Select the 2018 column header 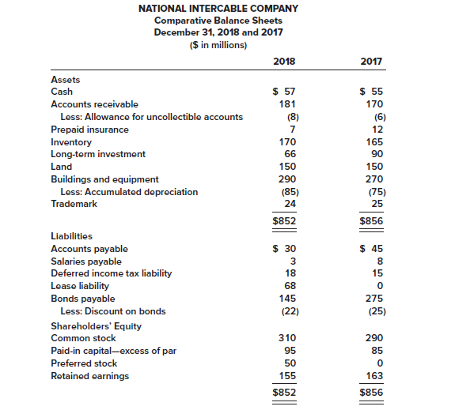coord(283,62)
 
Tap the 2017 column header coord(371,62)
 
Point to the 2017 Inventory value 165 coord(374,142)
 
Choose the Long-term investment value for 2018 coord(287,154)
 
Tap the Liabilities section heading coord(71,236)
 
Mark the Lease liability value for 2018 coord(289,286)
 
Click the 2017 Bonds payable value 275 coord(374,299)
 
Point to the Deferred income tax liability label coord(111,273)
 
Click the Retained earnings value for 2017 coord(374,375)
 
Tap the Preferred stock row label coord(83,363)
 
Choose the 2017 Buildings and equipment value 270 coord(374,179)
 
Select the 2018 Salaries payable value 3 coord(292,261)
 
